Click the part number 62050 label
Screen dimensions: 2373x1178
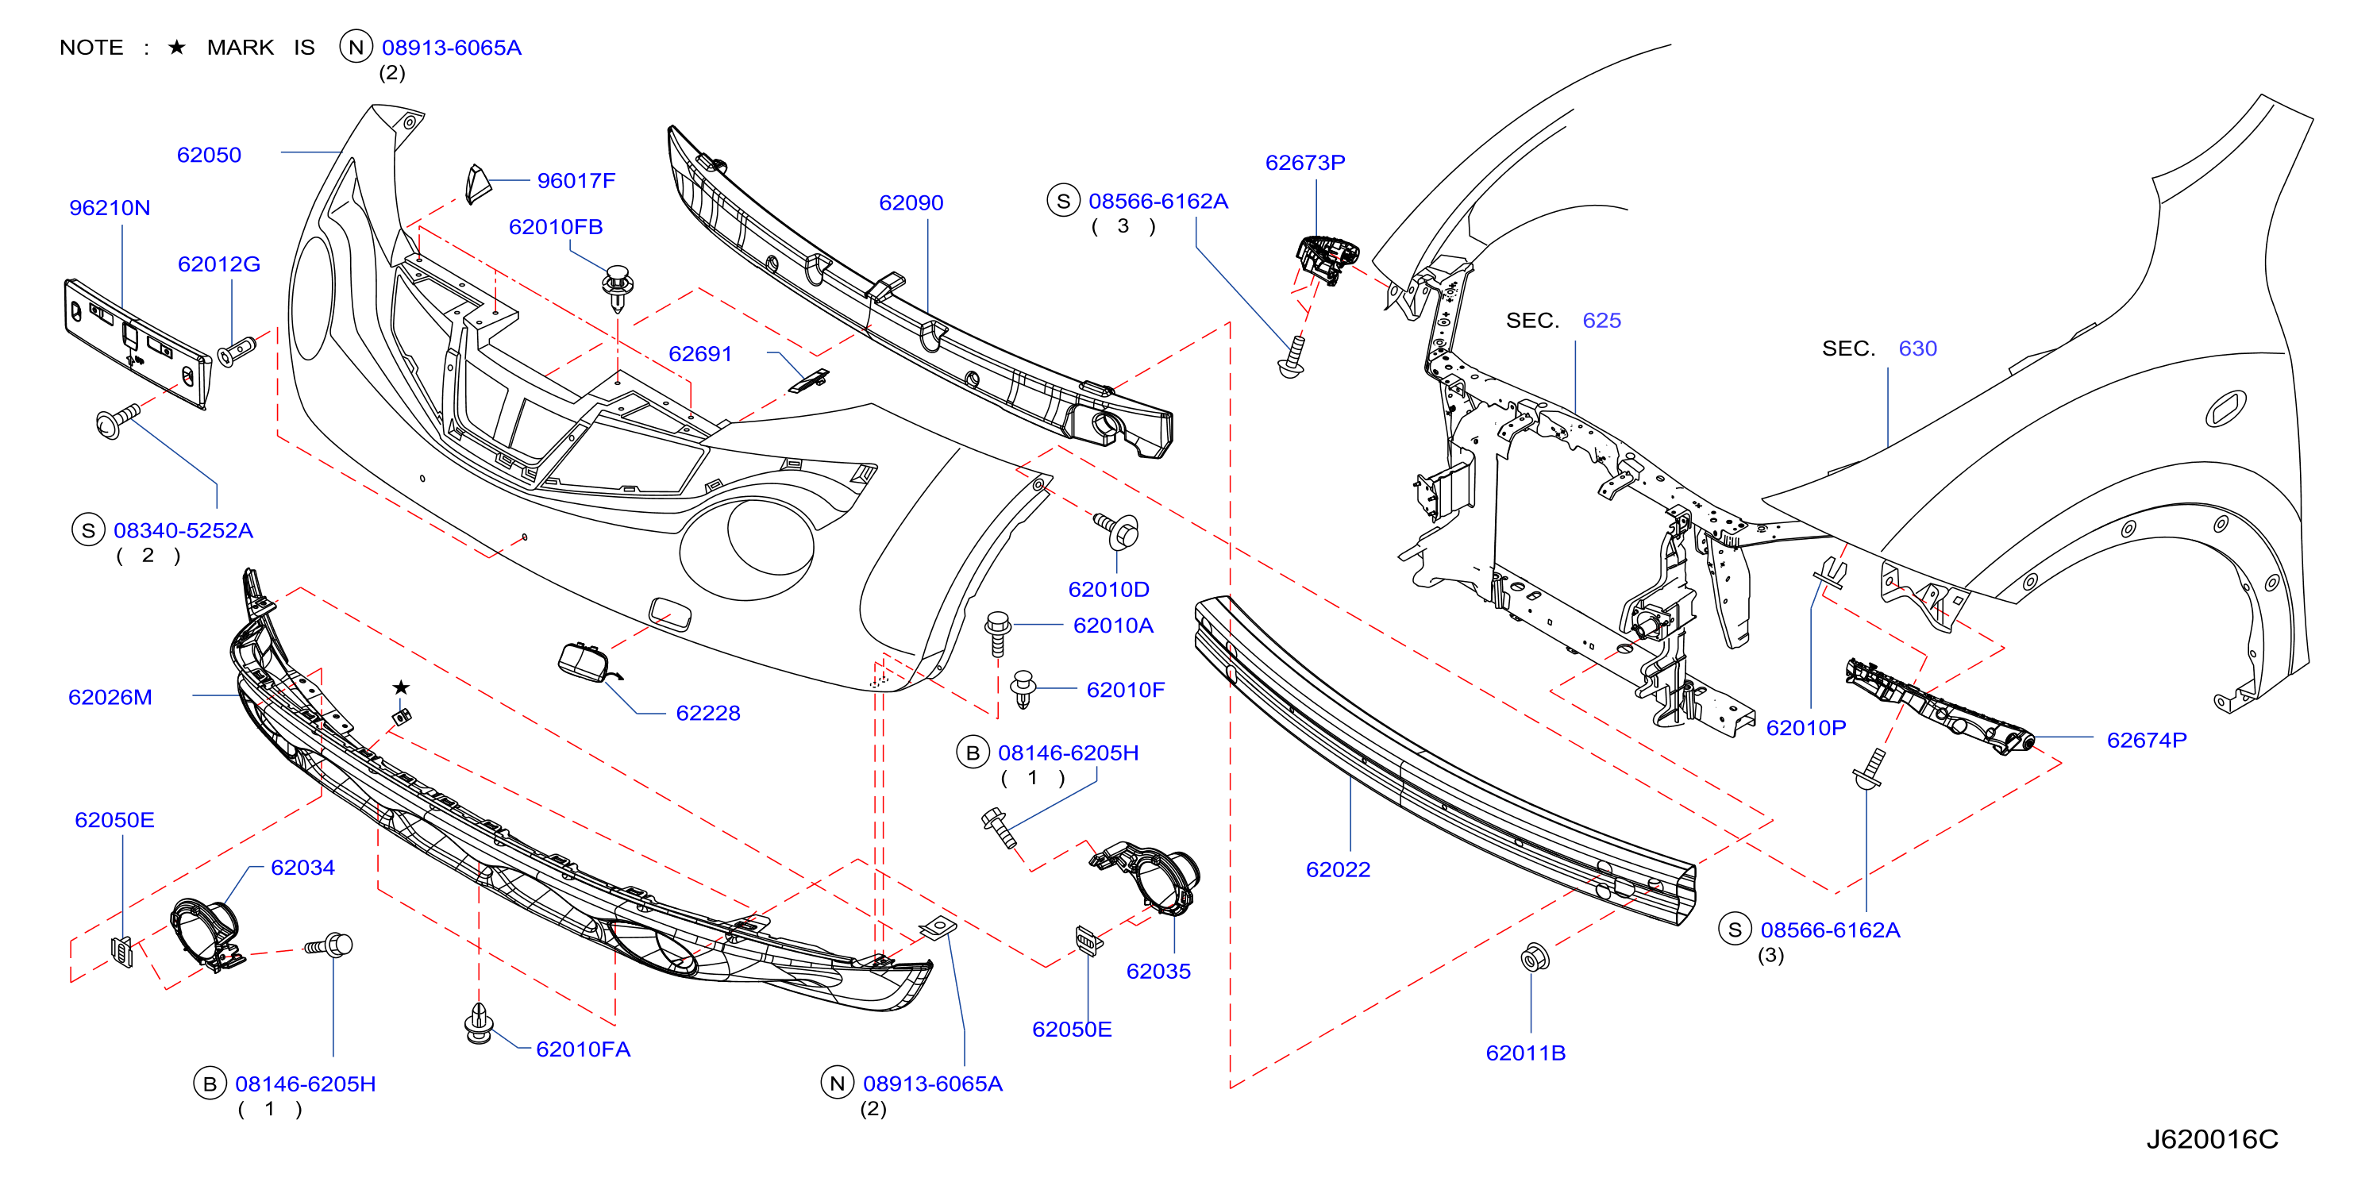tap(209, 155)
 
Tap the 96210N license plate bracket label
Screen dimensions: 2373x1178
tap(110, 208)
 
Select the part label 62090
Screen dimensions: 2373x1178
tap(911, 202)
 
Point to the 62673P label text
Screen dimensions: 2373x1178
tap(1305, 162)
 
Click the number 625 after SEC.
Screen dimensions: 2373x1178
tap(1602, 321)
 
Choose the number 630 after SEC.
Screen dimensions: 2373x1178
tap(1918, 348)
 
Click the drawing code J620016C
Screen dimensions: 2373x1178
tap(2213, 1139)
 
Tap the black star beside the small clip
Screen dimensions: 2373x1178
tap(401, 687)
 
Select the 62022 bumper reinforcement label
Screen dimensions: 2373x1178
tap(1339, 869)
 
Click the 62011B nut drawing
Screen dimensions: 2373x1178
tap(1535, 958)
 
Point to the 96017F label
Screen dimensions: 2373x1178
tap(576, 180)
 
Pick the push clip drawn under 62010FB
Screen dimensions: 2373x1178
tap(617, 288)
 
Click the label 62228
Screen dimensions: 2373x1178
tap(708, 713)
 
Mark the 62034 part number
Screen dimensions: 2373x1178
tap(303, 868)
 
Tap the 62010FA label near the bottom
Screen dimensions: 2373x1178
tap(583, 1049)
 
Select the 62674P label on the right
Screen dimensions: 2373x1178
tap(2148, 740)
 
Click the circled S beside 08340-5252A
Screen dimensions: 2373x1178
tap(88, 530)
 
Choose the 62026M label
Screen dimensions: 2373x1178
tap(110, 697)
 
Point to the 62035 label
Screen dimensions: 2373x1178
tap(1159, 971)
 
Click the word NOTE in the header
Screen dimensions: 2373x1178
tap(91, 47)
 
